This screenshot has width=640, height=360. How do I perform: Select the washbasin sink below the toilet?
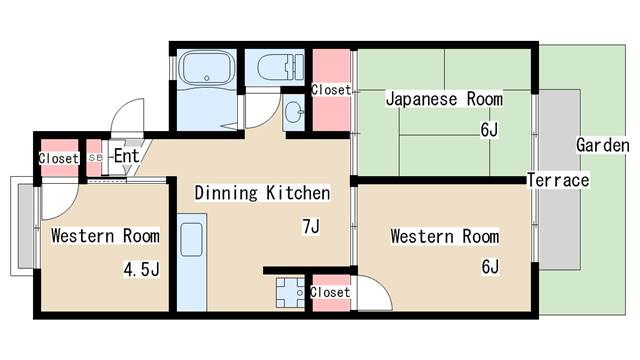(x=294, y=112)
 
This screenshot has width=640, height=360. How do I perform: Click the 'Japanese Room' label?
(x=444, y=100)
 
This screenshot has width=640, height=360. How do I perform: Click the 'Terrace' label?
(x=558, y=181)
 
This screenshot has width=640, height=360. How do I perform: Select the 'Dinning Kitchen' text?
(x=262, y=192)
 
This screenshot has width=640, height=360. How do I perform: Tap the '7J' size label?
(x=311, y=227)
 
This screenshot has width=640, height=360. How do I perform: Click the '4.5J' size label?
(x=141, y=269)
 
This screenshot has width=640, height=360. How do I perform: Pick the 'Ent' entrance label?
(x=126, y=156)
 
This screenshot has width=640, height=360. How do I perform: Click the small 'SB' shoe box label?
(x=95, y=158)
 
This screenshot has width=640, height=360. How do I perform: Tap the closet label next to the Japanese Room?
(x=331, y=90)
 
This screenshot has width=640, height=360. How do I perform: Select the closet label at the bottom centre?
(x=330, y=292)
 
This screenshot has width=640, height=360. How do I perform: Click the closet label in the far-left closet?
(x=58, y=158)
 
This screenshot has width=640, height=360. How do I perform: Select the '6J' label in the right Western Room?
(x=489, y=266)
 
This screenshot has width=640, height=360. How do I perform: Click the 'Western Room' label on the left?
(x=105, y=237)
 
